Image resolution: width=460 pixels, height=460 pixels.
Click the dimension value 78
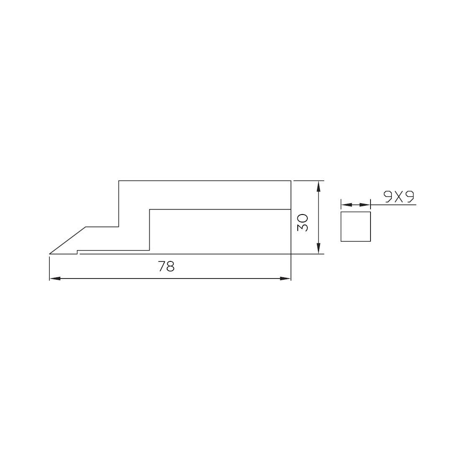click(166, 266)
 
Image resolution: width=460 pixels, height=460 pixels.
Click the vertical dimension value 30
click(302, 222)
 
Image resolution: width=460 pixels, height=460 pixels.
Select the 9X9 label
click(399, 197)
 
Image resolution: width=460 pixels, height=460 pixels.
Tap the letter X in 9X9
click(399, 197)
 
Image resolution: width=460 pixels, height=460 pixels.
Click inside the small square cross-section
click(355, 226)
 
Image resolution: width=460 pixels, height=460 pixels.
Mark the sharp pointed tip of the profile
click(50, 254)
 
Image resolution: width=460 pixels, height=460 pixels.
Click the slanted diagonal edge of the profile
click(68, 240)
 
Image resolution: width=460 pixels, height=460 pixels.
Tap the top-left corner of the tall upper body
click(119, 181)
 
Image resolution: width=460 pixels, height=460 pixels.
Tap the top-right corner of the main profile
click(291, 181)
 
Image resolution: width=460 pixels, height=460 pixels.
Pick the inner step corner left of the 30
click(150, 209)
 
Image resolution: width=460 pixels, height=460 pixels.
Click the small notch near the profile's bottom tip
click(77, 252)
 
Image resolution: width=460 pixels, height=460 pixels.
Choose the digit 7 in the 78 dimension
click(162, 266)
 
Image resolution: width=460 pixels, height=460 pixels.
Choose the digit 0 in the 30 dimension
click(302, 218)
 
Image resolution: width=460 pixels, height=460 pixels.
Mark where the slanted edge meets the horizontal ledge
click(86, 227)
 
